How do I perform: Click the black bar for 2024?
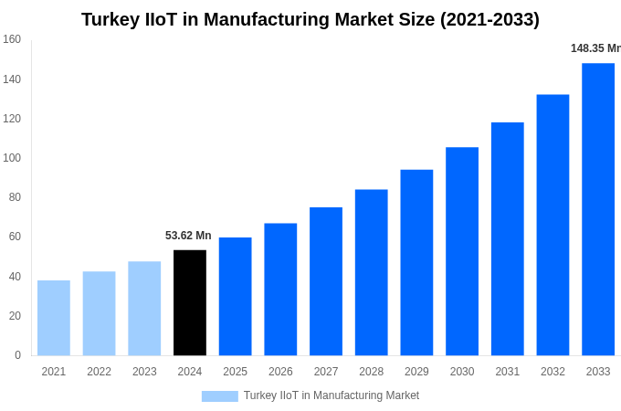pyautogui.click(x=190, y=302)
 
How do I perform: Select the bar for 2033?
pyautogui.click(x=598, y=209)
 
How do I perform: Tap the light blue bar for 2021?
pyautogui.click(x=54, y=318)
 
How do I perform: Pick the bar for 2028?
pyautogui.click(x=372, y=272)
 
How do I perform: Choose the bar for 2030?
pyautogui.click(x=462, y=251)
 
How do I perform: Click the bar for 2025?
pyautogui.click(x=236, y=296)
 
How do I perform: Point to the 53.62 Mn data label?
pyautogui.click(x=188, y=236)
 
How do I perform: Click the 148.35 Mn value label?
pyautogui.click(x=595, y=48)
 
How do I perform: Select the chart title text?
pyautogui.click(x=310, y=19)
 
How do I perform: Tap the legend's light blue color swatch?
pyautogui.click(x=219, y=395)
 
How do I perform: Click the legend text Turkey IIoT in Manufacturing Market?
pyautogui.click(x=332, y=395)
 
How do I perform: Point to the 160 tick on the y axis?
pyautogui.click(x=12, y=39)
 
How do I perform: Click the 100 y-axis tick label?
pyautogui.click(x=12, y=158)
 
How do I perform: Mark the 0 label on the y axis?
pyautogui.click(x=17, y=355)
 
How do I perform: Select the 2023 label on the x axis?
pyautogui.click(x=144, y=372)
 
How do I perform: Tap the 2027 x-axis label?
pyautogui.click(x=326, y=372)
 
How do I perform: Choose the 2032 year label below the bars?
pyautogui.click(x=553, y=372)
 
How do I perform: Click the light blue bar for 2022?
pyautogui.click(x=100, y=313)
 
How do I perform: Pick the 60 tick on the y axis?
pyautogui.click(x=15, y=237)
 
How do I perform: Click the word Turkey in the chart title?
pyautogui.click(x=110, y=19)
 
